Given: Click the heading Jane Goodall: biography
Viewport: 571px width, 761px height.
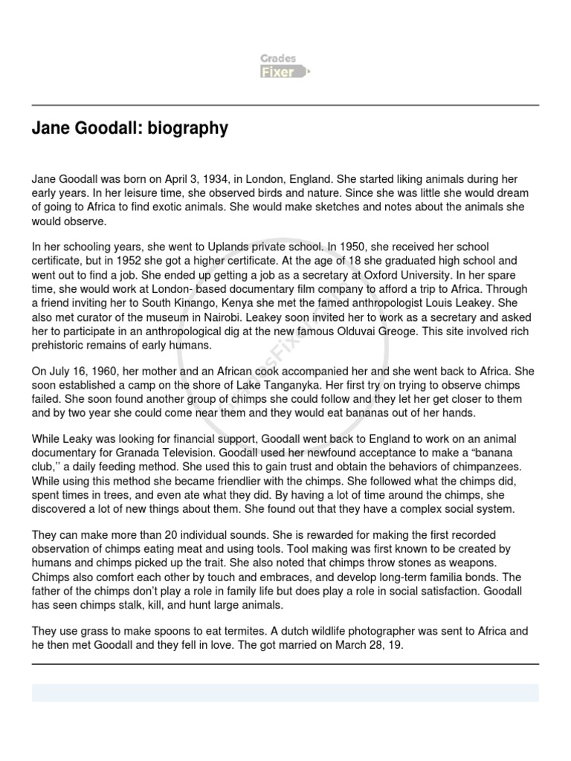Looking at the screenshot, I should click(x=129, y=129).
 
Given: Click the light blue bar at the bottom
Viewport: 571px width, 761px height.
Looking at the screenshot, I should click(x=285, y=693).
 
